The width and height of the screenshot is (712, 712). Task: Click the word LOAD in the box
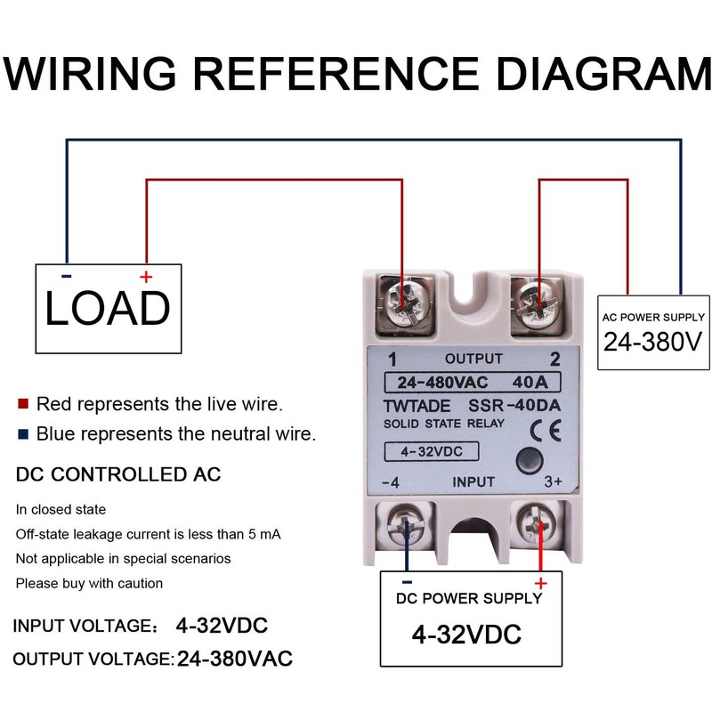pyautogui.click(x=107, y=308)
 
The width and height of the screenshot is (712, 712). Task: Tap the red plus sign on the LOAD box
pyautogui.click(x=146, y=278)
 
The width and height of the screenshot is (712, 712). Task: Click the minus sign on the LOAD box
pyautogui.click(x=67, y=277)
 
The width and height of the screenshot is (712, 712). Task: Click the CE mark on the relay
pyautogui.click(x=538, y=431)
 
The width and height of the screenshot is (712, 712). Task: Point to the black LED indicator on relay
pyautogui.click(x=528, y=462)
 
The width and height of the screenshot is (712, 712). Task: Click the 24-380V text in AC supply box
pyautogui.click(x=654, y=341)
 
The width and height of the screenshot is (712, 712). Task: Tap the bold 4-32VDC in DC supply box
pyautogui.click(x=466, y=635)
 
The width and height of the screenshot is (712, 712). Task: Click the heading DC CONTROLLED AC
pyautogui.click(x=118, y=474)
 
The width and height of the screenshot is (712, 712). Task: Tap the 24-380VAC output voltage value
pyautogui.click(x=235, y=659)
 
